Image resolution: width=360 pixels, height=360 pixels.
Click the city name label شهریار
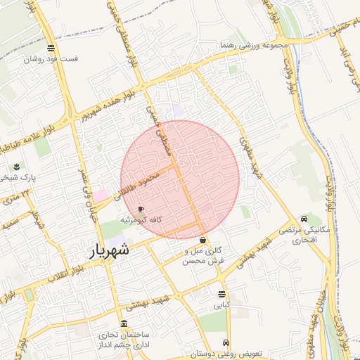[x=110, y=250]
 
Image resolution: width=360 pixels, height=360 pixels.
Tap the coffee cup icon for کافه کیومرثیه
[x=141, y=210]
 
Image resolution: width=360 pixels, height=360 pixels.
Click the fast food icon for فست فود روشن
[x=51, y=48]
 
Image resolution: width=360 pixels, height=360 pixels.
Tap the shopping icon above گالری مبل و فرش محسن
[x=203, y=240]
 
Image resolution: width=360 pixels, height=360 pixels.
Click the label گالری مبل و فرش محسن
[x=203, y=255]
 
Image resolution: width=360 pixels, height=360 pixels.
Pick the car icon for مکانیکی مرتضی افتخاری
[x=303, y=219]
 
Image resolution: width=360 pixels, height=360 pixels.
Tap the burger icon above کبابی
[x=221, y=294]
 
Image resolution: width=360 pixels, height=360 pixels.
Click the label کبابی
[x=221, y=306]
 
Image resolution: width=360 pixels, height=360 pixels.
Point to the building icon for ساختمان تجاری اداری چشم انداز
[x=124, y=323]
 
